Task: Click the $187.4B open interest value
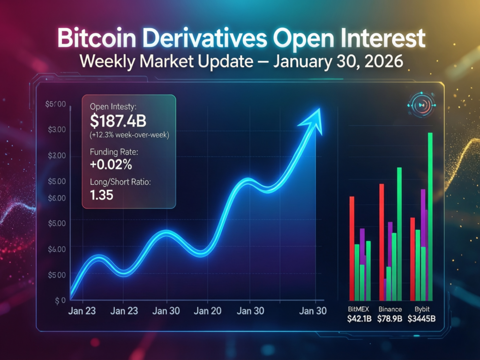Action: [x=118, y=121]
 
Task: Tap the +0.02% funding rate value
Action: [x=111, y=165]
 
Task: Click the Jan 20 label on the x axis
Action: [x=208, y=310]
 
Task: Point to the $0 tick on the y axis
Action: [x=60, y=300]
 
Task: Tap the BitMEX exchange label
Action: [x=358, y=309]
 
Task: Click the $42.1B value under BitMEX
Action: [x=359, y=320]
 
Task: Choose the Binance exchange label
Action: [x=390, y=309]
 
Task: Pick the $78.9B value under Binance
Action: [x=390, y=320]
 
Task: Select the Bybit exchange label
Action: [x=422, y=309]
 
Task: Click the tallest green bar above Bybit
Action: [x=430, y=216]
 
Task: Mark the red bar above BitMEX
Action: [x=352, y=248]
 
